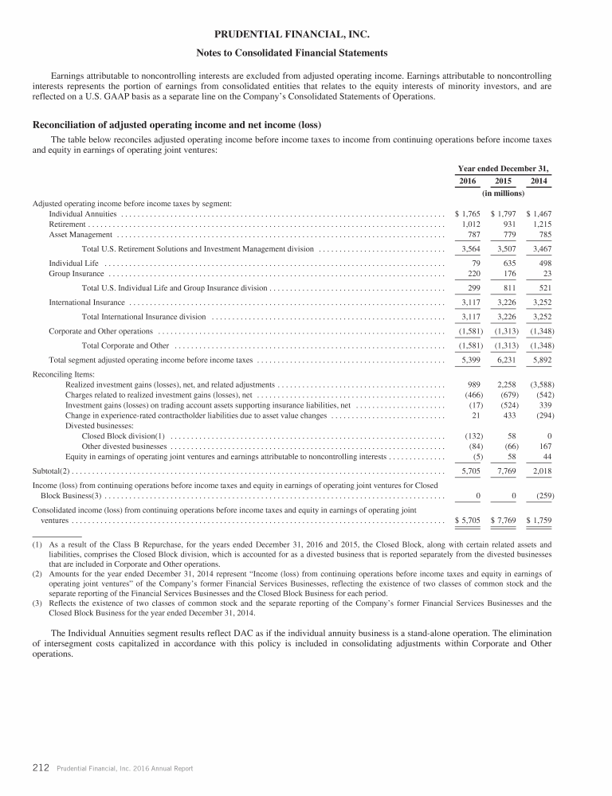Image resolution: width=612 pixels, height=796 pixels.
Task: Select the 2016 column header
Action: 468,181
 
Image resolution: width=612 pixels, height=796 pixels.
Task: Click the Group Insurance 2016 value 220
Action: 471,273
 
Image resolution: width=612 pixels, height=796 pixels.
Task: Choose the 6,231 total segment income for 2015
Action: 505,360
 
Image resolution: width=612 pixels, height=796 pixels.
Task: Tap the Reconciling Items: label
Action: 63,373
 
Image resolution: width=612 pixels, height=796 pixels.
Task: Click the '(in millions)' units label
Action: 504,193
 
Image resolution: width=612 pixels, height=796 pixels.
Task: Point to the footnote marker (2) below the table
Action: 37,572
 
